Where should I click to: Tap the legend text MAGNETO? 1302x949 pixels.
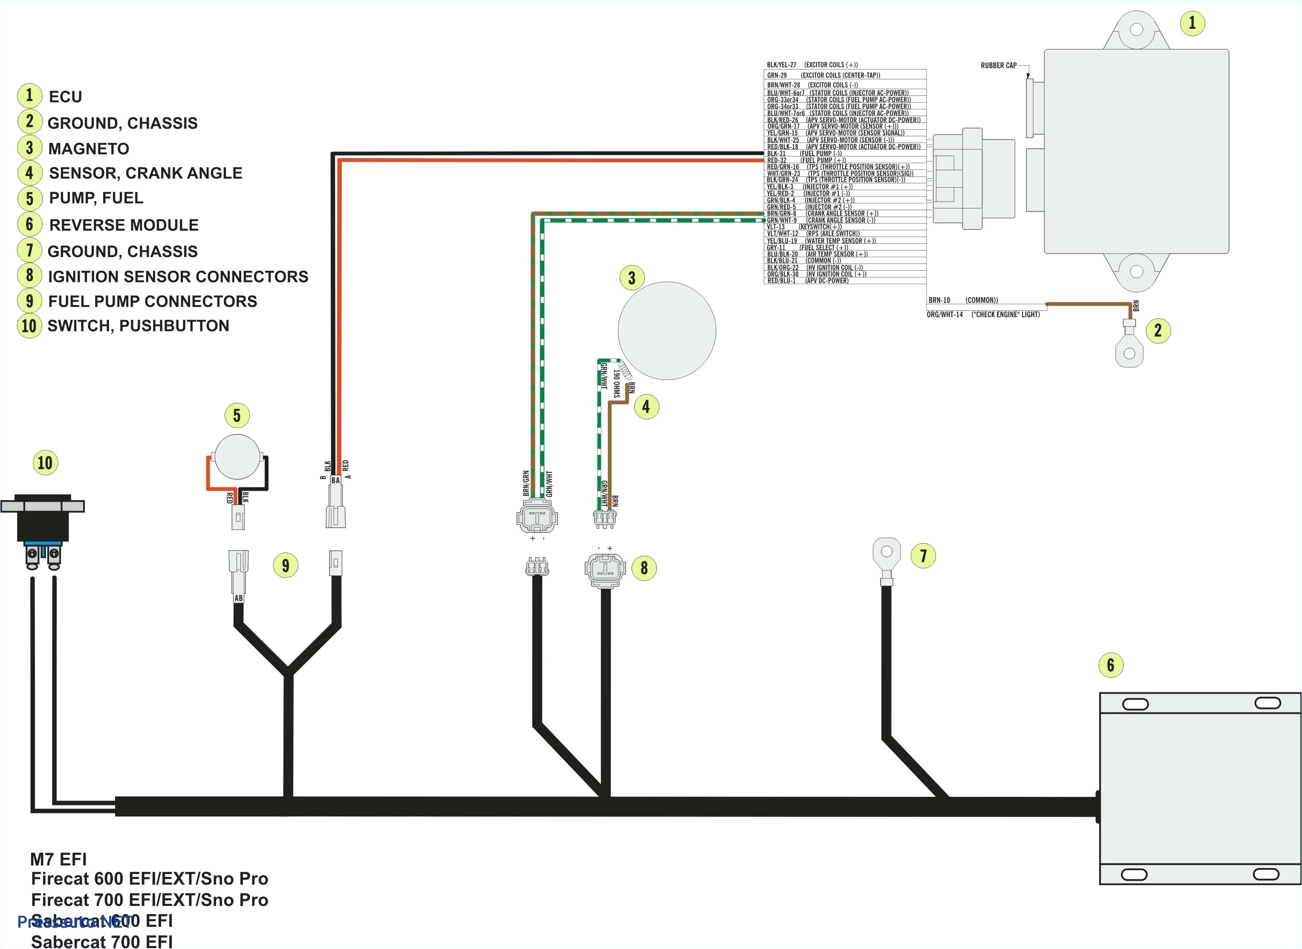coord(89,149)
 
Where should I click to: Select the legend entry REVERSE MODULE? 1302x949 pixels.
coord(124,225)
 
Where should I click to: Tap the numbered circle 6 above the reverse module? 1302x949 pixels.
coord(1110,665)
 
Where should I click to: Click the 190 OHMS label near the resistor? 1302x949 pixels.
coord(616,384)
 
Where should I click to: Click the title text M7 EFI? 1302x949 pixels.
coord(58,859)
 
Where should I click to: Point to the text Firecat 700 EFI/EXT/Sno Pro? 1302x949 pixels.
coord(149,900)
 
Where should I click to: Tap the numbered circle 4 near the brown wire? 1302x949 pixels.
coord(646,407)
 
